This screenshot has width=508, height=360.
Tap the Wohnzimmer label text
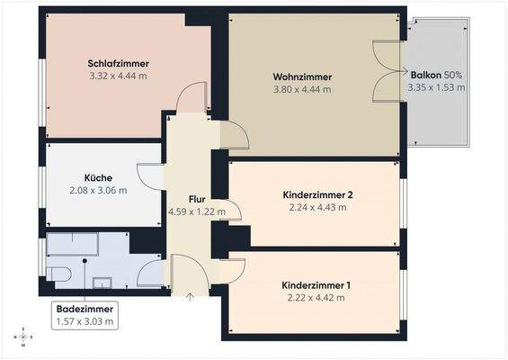click(302, 76)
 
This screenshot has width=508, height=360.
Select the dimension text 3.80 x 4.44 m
click(302, 89)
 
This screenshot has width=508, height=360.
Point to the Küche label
click(99, 177)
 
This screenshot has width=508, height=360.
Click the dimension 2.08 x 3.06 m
click(99, 190)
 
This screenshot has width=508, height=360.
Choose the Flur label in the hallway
click(198, 199)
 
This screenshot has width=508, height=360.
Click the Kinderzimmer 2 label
click(317, 194)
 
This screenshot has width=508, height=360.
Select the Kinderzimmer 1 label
click(316, 285)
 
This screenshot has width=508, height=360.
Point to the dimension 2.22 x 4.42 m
click(316, 298)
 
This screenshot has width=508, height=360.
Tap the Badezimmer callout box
click(85, 313)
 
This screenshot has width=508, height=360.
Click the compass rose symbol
click(23, 337)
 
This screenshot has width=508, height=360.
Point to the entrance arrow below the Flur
click(190, 297)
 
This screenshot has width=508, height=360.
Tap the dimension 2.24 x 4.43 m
click(317, 207)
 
